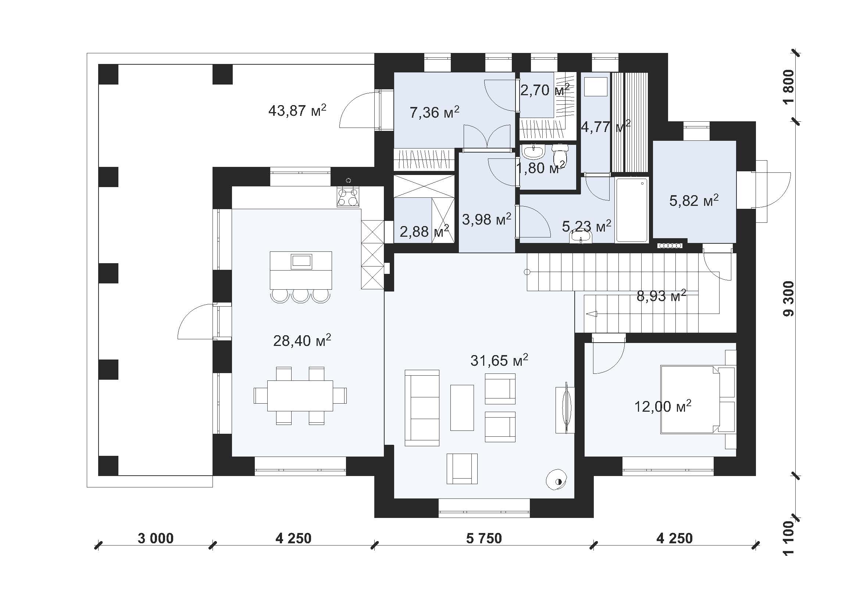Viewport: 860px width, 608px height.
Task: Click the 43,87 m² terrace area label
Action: click(x=297, y=111)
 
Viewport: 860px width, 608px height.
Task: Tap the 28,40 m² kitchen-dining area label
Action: click(x=302, y=341)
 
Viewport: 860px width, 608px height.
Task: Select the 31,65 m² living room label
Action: click(x=499, y=361)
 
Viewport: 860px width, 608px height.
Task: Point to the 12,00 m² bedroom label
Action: click(x=663, y=407)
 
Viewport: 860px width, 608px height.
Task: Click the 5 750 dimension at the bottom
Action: click(x=484, y=539)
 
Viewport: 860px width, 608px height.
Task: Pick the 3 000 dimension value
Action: click(x=156, y=539)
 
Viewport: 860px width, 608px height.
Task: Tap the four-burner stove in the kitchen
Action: click(x=348, y=197)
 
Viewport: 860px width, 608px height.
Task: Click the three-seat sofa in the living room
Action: click(x=422, y=408)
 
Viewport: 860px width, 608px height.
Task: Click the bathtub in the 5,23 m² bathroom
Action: click(x=632, y=210)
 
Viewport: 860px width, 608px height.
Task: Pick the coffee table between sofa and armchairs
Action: click(x=462, y=408)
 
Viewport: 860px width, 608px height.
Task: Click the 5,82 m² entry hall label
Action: click(x=694, y=201)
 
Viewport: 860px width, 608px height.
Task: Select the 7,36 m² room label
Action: click(x=435, y=112)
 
